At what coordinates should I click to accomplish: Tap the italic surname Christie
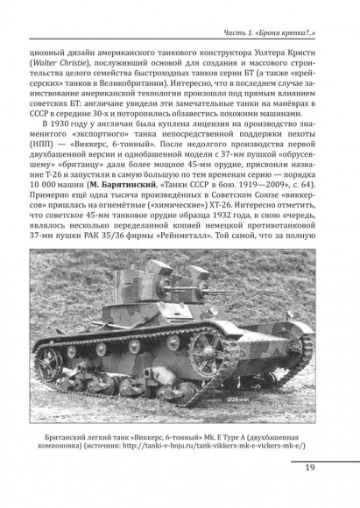(94, 65)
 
